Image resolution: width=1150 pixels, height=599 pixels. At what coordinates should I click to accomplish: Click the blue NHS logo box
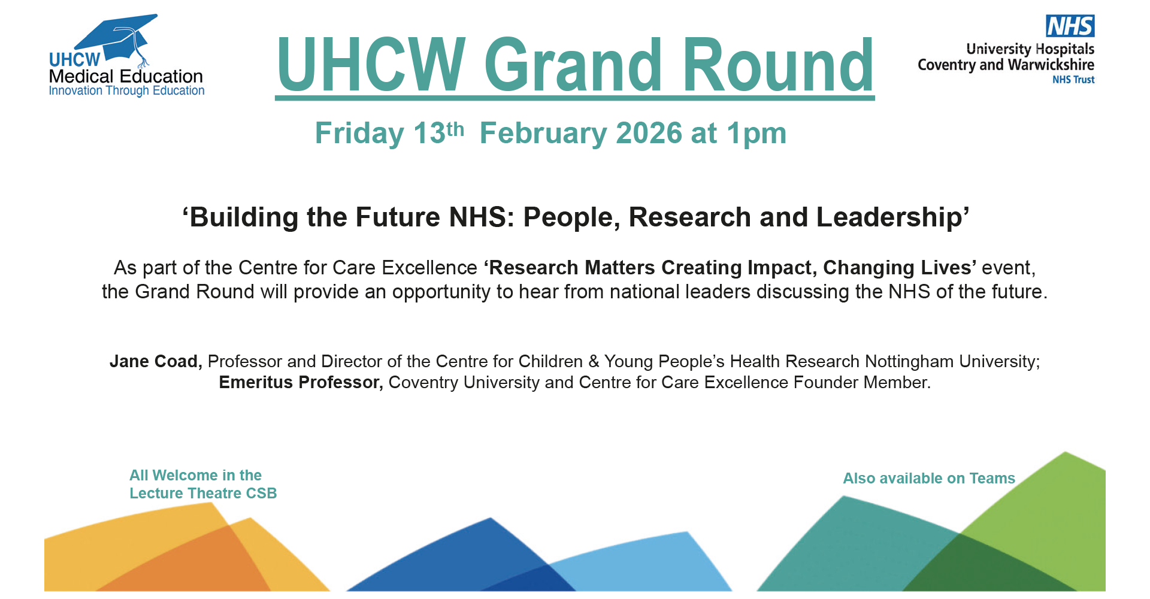pos(1070,26)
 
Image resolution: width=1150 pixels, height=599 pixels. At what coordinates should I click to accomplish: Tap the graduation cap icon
pos(117,39)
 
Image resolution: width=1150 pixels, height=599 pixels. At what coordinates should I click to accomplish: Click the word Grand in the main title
pos(573,65)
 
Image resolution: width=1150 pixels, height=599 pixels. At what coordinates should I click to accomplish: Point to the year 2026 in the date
pos(649,133)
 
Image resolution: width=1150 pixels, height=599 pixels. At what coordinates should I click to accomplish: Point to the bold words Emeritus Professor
pos(301,383)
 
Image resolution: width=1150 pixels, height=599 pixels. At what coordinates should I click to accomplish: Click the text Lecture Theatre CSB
pos(203,494)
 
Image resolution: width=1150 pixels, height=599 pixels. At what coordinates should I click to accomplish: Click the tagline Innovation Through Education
pos(126,91)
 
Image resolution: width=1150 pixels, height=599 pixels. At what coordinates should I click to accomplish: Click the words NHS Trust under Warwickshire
pos(1073,80)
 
